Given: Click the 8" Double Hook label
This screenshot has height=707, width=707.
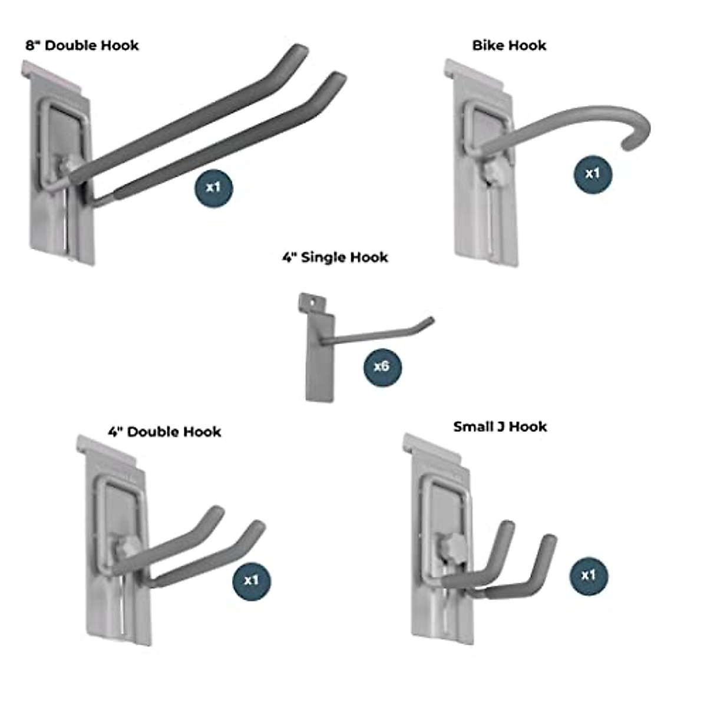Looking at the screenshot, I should pos(82,45).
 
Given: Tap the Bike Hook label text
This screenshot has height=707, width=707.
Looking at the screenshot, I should pos(509,45).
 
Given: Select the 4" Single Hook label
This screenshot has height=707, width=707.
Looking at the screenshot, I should pos(335,257).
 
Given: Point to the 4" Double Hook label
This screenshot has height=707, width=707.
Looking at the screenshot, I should pos(164,432).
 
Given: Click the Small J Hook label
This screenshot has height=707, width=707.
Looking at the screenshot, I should pos(500,427).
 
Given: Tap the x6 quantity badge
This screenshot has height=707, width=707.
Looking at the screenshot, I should pos(382,366).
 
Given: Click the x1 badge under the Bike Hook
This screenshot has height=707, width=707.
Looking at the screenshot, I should pos(593,173).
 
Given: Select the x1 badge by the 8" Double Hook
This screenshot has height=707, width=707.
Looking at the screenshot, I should pos(213,187).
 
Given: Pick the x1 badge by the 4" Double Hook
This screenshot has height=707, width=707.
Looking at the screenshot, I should pos(252,580).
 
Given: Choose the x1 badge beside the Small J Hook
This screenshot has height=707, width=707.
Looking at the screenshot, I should pos(588,576).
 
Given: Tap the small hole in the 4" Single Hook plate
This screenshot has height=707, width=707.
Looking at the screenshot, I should pos(312,302).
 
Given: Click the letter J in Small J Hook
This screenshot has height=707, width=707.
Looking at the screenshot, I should pos(500,427).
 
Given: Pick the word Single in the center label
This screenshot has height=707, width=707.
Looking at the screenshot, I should pos(323,257).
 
